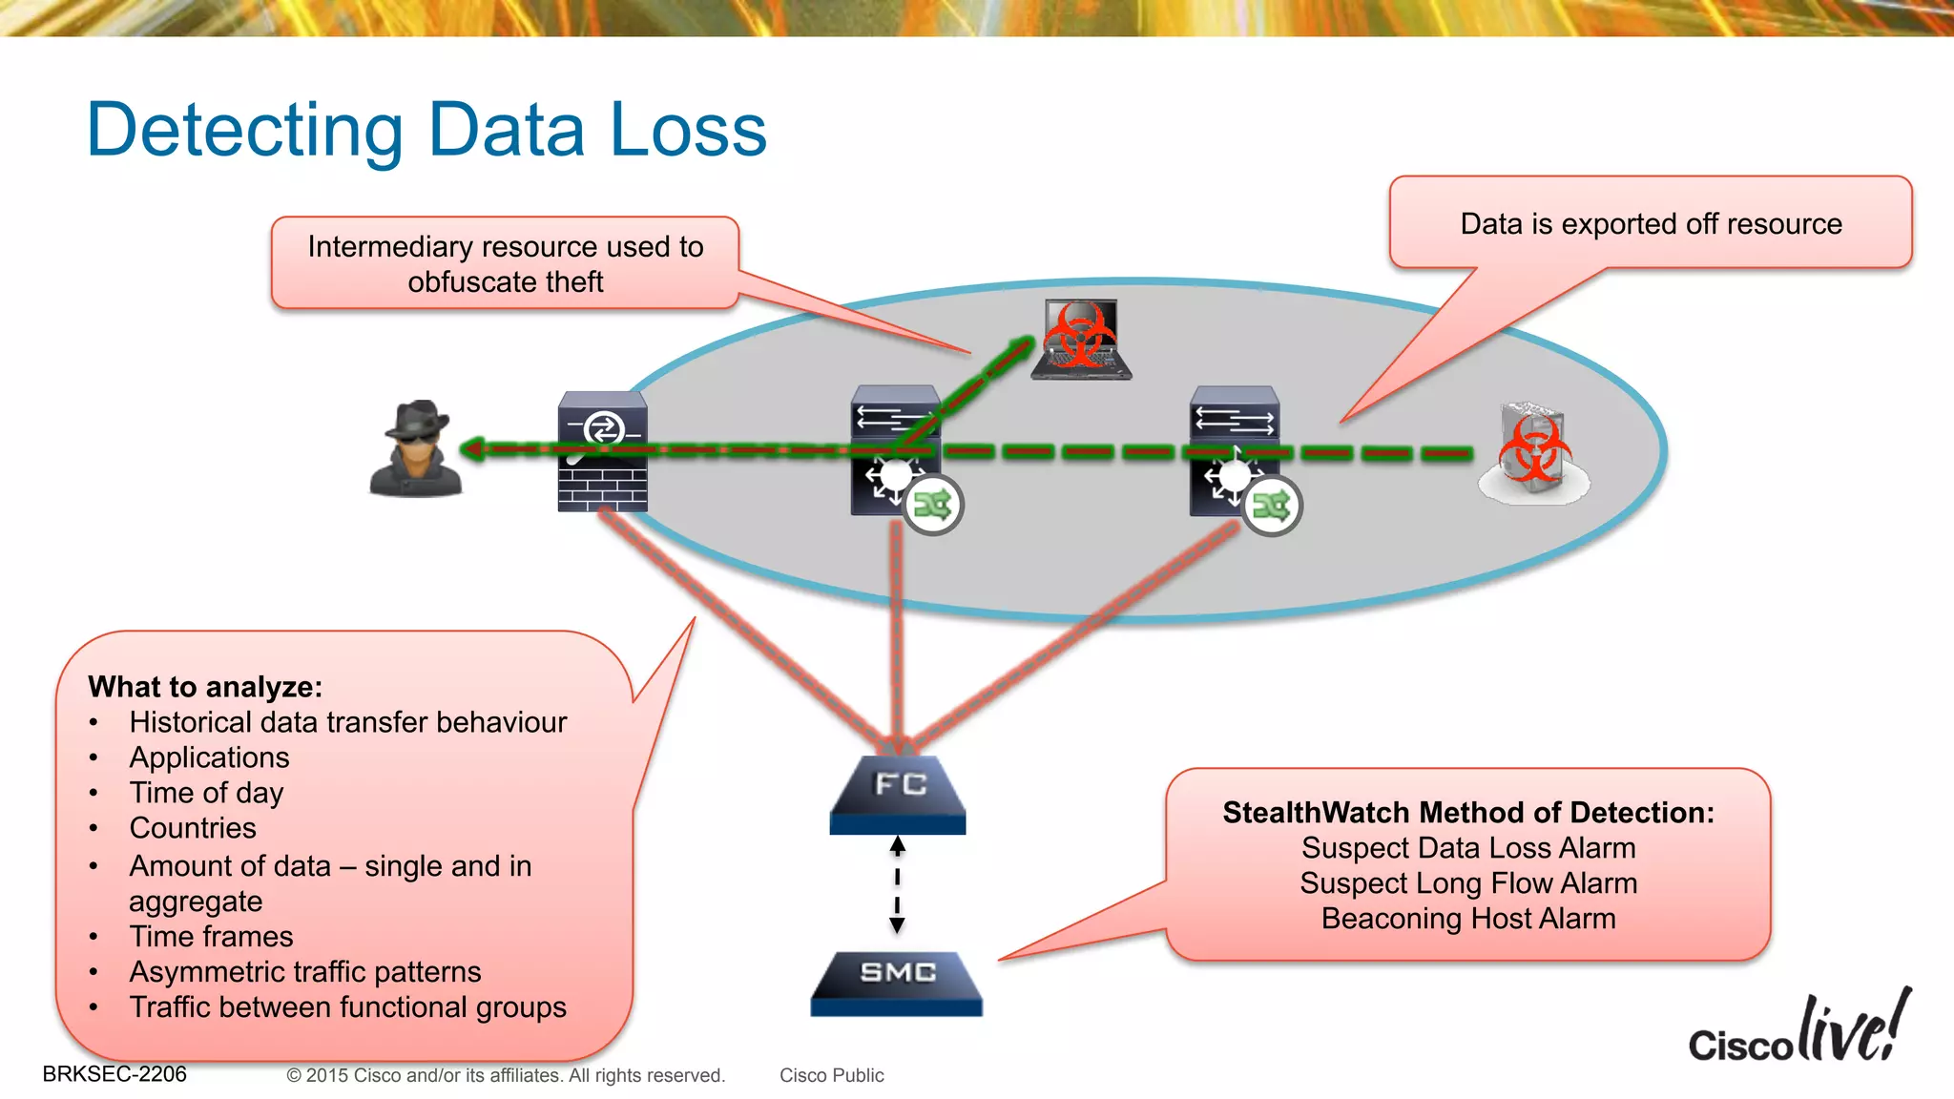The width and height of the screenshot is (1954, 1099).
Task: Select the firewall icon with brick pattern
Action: click(x=602, y=451)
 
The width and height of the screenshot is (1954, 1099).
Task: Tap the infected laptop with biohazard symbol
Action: click(x=1081, y=340)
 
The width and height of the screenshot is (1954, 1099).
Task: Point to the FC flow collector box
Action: click(x=898, y=794)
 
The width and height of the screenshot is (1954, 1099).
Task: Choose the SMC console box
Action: click(x=897, y=982)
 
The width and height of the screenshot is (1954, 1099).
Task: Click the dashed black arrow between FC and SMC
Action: click(x=897, y=884)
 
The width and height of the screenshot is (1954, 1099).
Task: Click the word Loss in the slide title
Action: click(x=688, y=130)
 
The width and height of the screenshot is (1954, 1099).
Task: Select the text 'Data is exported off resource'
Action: click(x=1651, y=224)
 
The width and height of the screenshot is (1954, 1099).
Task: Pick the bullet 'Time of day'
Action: click(x=206, y=793)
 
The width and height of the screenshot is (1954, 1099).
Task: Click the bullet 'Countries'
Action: click(x=193, y=828)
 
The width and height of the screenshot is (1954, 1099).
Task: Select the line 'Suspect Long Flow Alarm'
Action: click(x=1467, y=883)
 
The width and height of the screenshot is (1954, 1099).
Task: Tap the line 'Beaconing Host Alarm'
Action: click(x=1467, y=919)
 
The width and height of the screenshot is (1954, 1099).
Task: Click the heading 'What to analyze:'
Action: click(x=205, y=687)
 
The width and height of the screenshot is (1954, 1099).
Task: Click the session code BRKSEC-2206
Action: click(x=114, y=1074)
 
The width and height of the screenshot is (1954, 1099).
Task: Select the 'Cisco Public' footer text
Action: click(x=831, y=1075)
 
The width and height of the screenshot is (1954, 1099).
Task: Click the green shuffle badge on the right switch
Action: click(x=1272, y=506)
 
